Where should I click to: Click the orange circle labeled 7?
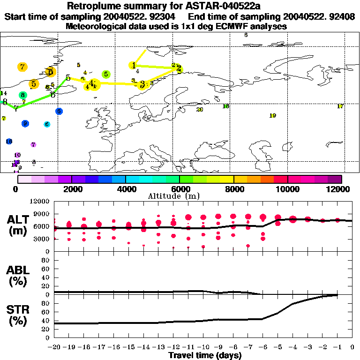pos(22,67)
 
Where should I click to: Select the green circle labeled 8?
pos(22,95)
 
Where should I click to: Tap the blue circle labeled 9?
pos(25,123)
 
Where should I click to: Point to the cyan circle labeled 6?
pos(47,124)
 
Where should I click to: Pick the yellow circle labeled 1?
pos(134,65)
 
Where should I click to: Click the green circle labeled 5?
pos(106,74)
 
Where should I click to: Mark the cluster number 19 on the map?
pos(273,116)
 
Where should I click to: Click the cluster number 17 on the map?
pos(340,106)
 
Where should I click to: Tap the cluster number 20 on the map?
pos(200,110)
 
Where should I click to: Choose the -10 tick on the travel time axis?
pos(204,347)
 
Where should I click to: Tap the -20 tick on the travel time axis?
pos(54,347)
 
